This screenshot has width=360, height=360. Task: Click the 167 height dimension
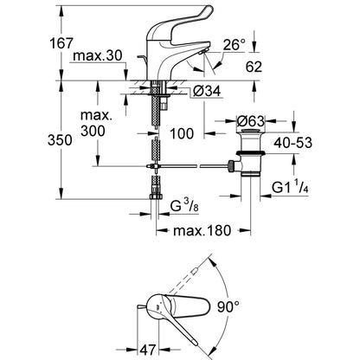[x=61, y=43]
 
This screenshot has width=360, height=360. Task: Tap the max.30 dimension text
[x=98, y=55]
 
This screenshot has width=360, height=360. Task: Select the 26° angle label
[x=234, y=45]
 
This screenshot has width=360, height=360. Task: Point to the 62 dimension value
[x=254, y=67]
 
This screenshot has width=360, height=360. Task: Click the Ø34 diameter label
[x=207, y=92]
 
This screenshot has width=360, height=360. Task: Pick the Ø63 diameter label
[x=250, y=121]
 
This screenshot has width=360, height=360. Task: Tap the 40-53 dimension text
[x=292, y=143]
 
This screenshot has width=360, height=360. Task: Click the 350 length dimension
[x=60, y=140]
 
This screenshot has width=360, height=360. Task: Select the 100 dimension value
[x=182, y=133]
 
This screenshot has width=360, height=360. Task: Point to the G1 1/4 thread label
[x=291, y=188]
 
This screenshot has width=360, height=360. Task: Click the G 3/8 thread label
[x=184, y=206]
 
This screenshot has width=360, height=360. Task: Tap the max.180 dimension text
[x=202, y=230]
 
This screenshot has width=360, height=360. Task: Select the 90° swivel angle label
[x=228, y=306]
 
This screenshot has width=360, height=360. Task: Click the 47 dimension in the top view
[x=148, y=350]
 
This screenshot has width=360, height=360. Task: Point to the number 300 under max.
[x=93, y=131]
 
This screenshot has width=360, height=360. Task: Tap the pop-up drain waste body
[x=250, y=153]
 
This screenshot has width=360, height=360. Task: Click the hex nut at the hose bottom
[x=156, y=196]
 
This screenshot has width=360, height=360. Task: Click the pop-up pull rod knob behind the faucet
[x=141, y=58]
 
